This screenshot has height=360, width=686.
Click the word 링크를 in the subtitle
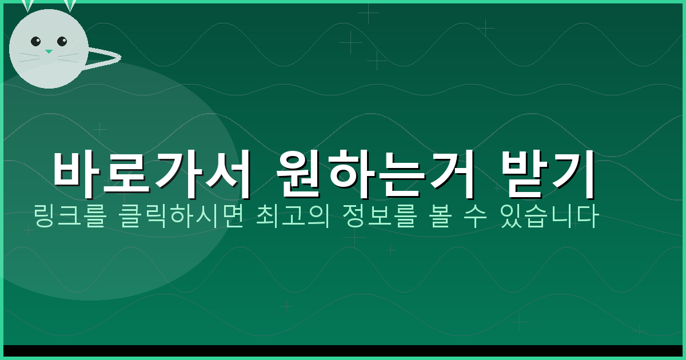pos(69,217)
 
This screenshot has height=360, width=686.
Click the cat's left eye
pos(35,41)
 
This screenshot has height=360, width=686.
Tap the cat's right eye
pos(62,41)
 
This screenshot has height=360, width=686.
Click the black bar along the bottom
pos(343,351)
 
